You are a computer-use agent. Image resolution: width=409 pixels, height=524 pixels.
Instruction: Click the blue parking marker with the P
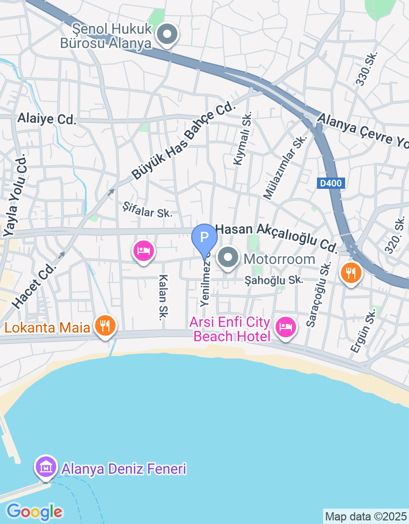coord(204,238)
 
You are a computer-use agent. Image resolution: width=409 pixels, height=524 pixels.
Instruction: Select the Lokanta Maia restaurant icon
coord(105,325)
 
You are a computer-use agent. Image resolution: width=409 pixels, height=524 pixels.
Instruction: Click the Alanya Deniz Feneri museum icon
coord(46,467)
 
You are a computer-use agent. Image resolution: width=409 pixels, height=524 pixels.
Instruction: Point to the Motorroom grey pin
coord(229,258)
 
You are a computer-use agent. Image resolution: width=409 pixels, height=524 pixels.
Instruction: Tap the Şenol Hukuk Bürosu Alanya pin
coord(166,35)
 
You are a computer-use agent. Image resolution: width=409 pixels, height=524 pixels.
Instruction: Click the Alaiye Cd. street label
coord(47,119)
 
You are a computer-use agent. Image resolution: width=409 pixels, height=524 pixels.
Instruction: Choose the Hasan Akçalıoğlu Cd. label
coord(276,238)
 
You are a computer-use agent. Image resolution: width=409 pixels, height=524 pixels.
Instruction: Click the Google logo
coord(34,511)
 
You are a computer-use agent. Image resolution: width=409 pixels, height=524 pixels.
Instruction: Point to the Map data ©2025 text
coord(366,516)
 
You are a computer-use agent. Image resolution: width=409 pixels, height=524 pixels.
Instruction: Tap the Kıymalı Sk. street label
coord(243,139)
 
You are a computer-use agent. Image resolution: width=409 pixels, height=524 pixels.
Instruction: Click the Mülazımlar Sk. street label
coord(284,167)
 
